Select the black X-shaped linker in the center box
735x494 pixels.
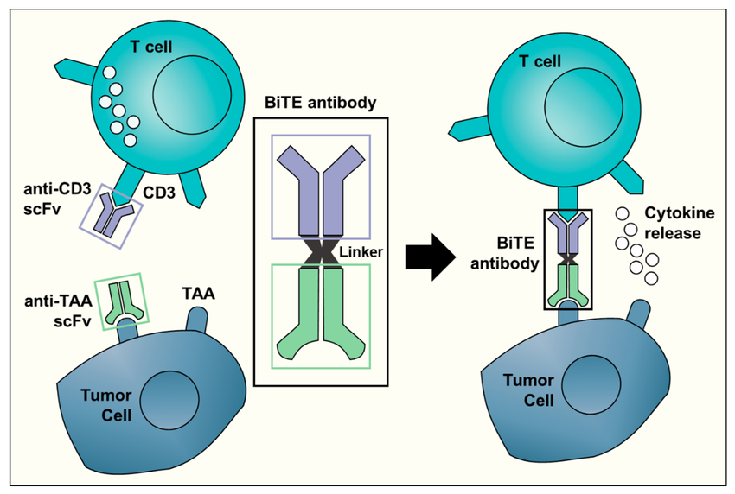(321, 252)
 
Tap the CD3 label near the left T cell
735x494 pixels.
(159, 193)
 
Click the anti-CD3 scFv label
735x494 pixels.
(48, 201)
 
